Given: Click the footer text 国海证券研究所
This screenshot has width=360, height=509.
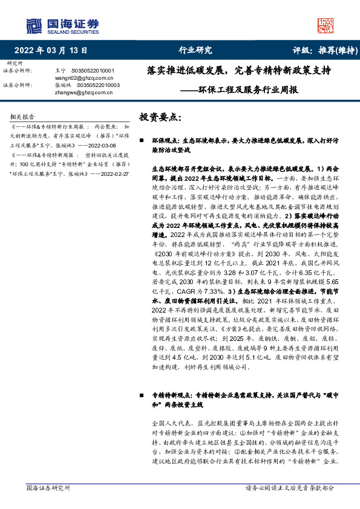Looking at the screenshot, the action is (x=48, y=487).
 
